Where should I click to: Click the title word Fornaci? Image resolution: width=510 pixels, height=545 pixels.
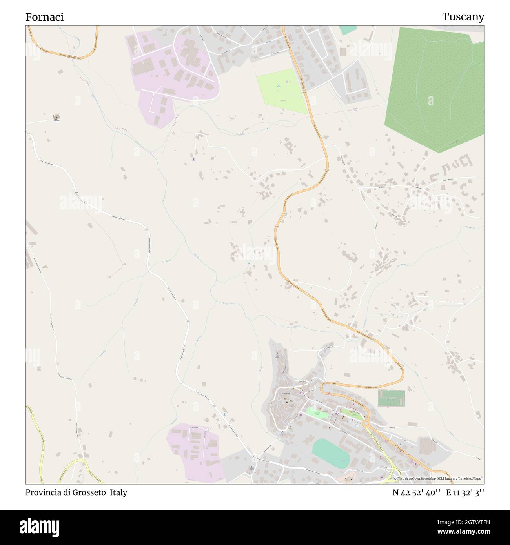(x=44, y=17)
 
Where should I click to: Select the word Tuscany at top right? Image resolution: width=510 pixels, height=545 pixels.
(x=463, y=17)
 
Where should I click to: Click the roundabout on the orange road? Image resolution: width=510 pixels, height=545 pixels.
(x=366, y=423)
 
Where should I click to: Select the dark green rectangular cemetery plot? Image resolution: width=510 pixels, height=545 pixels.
(x=391, y=398)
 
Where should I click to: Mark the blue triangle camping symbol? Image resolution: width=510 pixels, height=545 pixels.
(x=279, y=85)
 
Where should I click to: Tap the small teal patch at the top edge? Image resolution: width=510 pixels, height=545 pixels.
(x=348, y=30)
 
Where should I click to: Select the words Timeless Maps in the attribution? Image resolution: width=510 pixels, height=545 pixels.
(x=471, y=478)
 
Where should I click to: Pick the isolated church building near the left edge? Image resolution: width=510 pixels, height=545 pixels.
(x=56, y=117)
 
